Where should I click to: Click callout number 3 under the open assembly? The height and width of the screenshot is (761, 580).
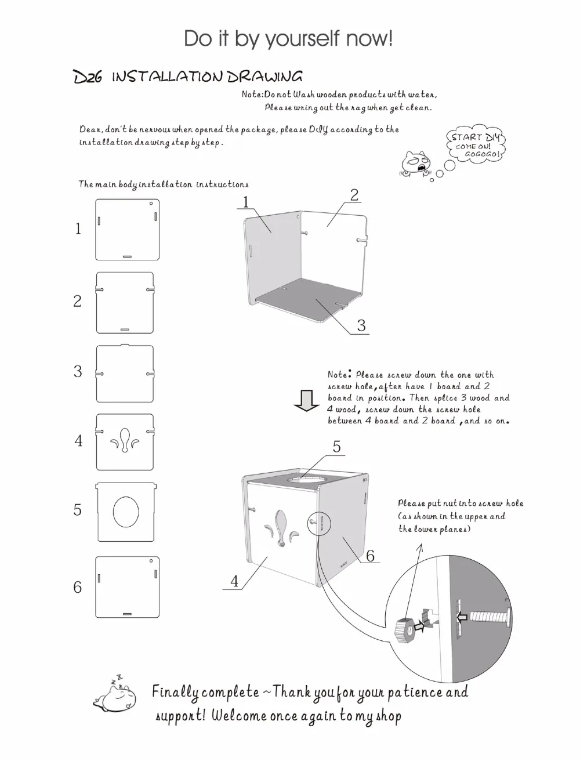(361, 325)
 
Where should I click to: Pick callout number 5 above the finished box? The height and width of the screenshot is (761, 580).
(337, 447)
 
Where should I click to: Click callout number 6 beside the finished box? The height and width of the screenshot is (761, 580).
(370, 556)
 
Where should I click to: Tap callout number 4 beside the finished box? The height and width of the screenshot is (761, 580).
(234, 581)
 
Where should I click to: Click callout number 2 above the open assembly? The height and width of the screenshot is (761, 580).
(354, 195)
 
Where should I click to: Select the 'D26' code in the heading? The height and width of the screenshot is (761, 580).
(88, 77)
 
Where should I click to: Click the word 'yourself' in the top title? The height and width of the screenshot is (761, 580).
(302, 39)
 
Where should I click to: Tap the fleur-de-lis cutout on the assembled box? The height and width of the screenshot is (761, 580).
(280, 528)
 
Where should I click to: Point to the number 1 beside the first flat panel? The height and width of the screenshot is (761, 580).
(78, 229)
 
